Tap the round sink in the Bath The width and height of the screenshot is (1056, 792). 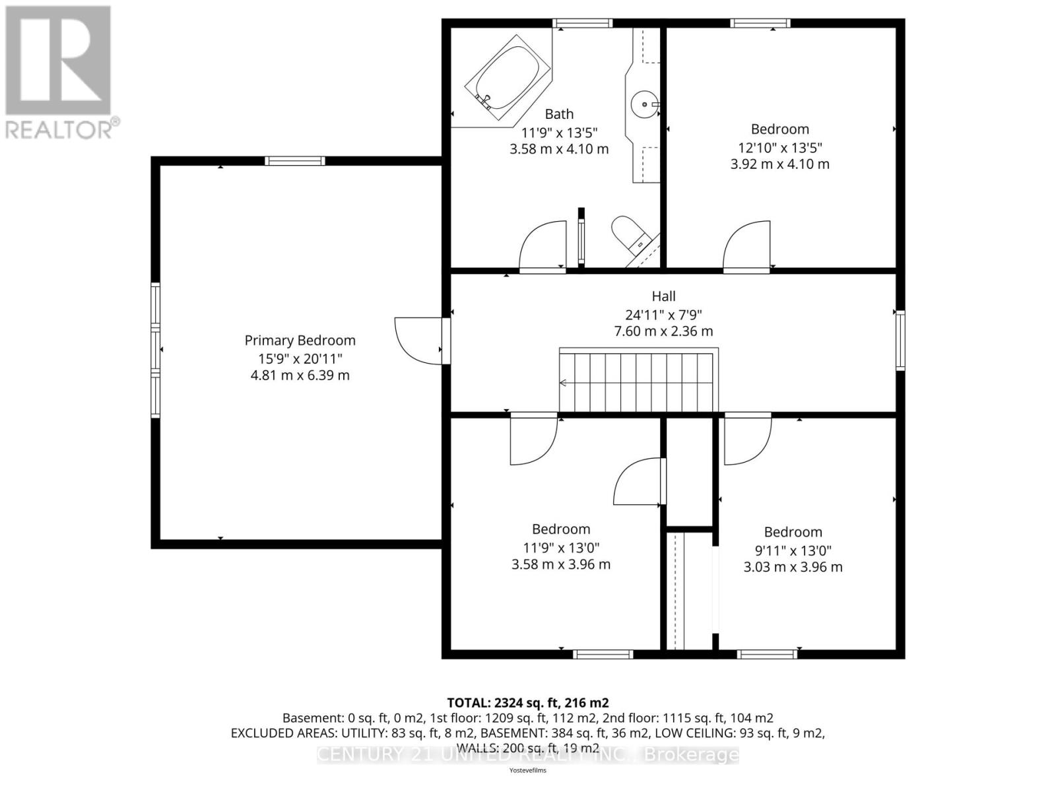(x=643, y=104)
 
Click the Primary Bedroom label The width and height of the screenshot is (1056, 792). (x=300, y=341)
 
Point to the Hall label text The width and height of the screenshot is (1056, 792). (x=663, y=296)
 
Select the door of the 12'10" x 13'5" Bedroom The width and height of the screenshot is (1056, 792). (x=747, y=247)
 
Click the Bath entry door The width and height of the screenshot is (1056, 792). (x=543, y=247)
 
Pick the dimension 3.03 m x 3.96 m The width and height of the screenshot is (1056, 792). (x=793, y=567)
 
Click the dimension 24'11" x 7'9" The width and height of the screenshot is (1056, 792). (x=663, y=315)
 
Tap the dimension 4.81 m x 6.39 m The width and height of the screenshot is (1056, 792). (x=300, y=376)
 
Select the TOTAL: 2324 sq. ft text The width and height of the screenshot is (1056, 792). (x=527, y=703)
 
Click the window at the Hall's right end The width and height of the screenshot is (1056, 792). (x=900, y=341)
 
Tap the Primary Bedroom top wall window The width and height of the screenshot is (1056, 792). (x=294, y=160)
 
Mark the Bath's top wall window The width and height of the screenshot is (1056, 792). (x=582, y=24)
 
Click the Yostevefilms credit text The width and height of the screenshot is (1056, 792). (x=527, y=770)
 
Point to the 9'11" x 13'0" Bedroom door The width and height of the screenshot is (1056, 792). (x=748, y=439)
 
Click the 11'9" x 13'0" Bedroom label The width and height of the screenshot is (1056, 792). (x=561, y=529)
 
